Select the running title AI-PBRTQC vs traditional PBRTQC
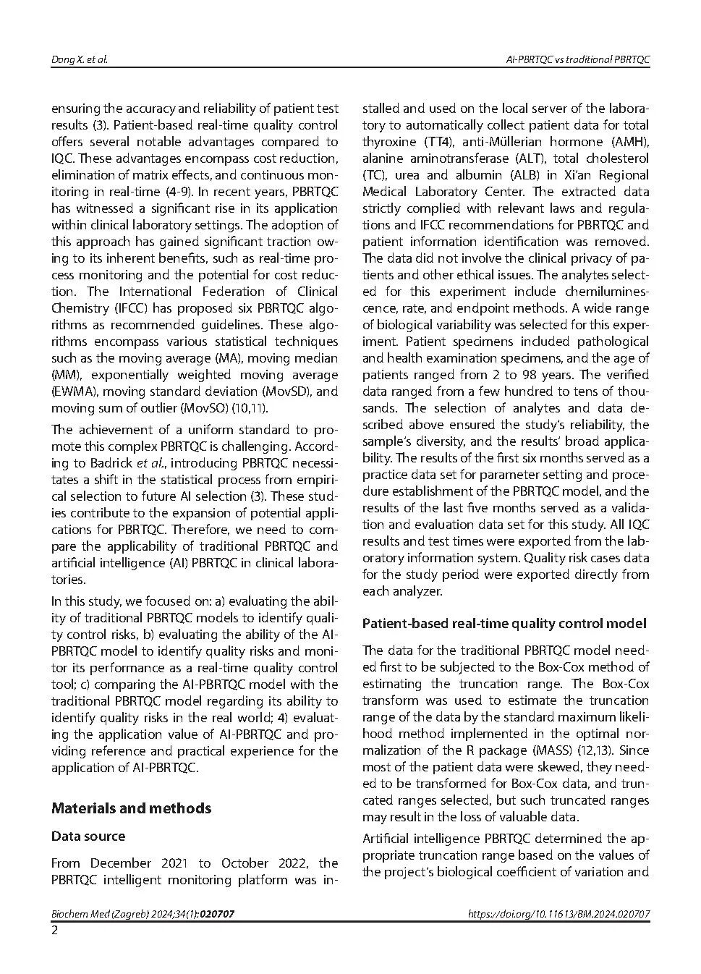[x=577, y=59]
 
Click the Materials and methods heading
[x=131, y=808]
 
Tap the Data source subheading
[x=88, y=836]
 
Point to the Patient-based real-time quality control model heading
[x=504, y=623]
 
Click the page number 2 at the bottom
[x=54, y=931]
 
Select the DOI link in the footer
[x=558, y=914]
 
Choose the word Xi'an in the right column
[x=561, y=175]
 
